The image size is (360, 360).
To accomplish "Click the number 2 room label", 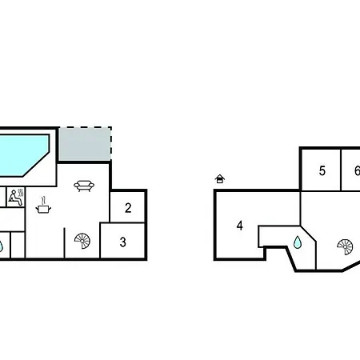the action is (128, 208).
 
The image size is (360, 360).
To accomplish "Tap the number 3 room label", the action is (122, 242).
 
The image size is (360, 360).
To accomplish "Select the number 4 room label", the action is (240, 226).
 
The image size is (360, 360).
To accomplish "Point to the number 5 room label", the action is (322, 170).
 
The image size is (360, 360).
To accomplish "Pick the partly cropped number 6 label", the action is (358, 170).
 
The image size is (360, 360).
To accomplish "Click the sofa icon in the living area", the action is (84, 186).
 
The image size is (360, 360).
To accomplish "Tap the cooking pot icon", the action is (43, 209).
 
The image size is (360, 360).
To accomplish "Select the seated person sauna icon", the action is (16, 198).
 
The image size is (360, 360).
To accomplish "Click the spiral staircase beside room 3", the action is (82, 241).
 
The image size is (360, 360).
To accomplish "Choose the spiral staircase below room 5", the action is (345, 247).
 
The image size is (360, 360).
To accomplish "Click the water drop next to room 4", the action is (298, 242).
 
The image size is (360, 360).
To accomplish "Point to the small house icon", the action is (220, 178).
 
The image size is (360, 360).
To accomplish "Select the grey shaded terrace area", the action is (85, 144).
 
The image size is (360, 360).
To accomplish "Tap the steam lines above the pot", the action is (44, 200).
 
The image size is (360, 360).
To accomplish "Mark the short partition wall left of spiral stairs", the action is (64, 243).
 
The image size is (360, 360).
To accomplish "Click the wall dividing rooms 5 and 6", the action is (341, 170).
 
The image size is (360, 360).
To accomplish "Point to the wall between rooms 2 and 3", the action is (127, 222).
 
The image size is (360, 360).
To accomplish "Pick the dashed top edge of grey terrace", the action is (85, 127).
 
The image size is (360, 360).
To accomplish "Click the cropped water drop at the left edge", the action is (1, 246).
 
